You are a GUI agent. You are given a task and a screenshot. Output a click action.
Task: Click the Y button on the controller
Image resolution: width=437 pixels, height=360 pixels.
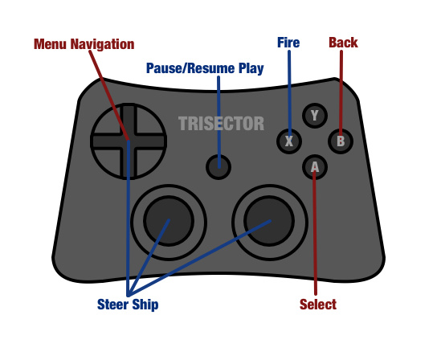click(x=314, y=116)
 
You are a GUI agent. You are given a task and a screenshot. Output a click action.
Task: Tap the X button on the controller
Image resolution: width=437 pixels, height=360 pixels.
click(x=288, y=141)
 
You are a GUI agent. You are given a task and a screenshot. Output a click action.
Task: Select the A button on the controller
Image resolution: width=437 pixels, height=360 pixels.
click(x=314, y=167)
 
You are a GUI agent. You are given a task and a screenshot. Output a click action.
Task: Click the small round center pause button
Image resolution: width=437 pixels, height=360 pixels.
click(x=218, y=166)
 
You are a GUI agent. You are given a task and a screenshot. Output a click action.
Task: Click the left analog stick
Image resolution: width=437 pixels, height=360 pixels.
click(x=169, y=218)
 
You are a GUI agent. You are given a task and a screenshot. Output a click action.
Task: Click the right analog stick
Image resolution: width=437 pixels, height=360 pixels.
click(x=269, y=218)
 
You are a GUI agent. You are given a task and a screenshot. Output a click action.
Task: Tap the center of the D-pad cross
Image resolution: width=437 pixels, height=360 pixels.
click(x=128, y=141)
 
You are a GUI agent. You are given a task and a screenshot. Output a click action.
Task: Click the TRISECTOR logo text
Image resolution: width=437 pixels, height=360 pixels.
click(x=221, y=124)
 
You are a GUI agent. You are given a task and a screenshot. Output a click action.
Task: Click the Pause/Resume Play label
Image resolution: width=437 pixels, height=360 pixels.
click(x=204, y=67)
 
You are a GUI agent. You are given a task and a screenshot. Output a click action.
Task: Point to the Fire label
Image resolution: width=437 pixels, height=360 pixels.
click(x=288, y=43)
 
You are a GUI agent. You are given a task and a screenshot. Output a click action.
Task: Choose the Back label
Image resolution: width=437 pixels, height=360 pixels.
click(x=343, y=43)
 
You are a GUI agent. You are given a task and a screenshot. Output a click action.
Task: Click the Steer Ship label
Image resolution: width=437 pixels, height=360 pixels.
click(x=128, y=305)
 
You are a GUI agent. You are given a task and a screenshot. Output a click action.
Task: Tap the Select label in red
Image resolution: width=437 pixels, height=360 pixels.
click(x=317, y=305)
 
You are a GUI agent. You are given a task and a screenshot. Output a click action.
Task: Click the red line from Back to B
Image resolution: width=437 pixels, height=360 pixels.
click(x=341, y=88)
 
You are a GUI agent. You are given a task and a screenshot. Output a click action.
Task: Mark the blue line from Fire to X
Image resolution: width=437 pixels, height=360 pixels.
click(x=288, y=88)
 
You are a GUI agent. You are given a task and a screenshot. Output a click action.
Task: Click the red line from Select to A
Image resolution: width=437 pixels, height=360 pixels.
click(x=315, y=241)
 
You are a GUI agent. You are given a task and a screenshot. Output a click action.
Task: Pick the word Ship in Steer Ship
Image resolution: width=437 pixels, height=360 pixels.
click(x=145, y=305)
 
